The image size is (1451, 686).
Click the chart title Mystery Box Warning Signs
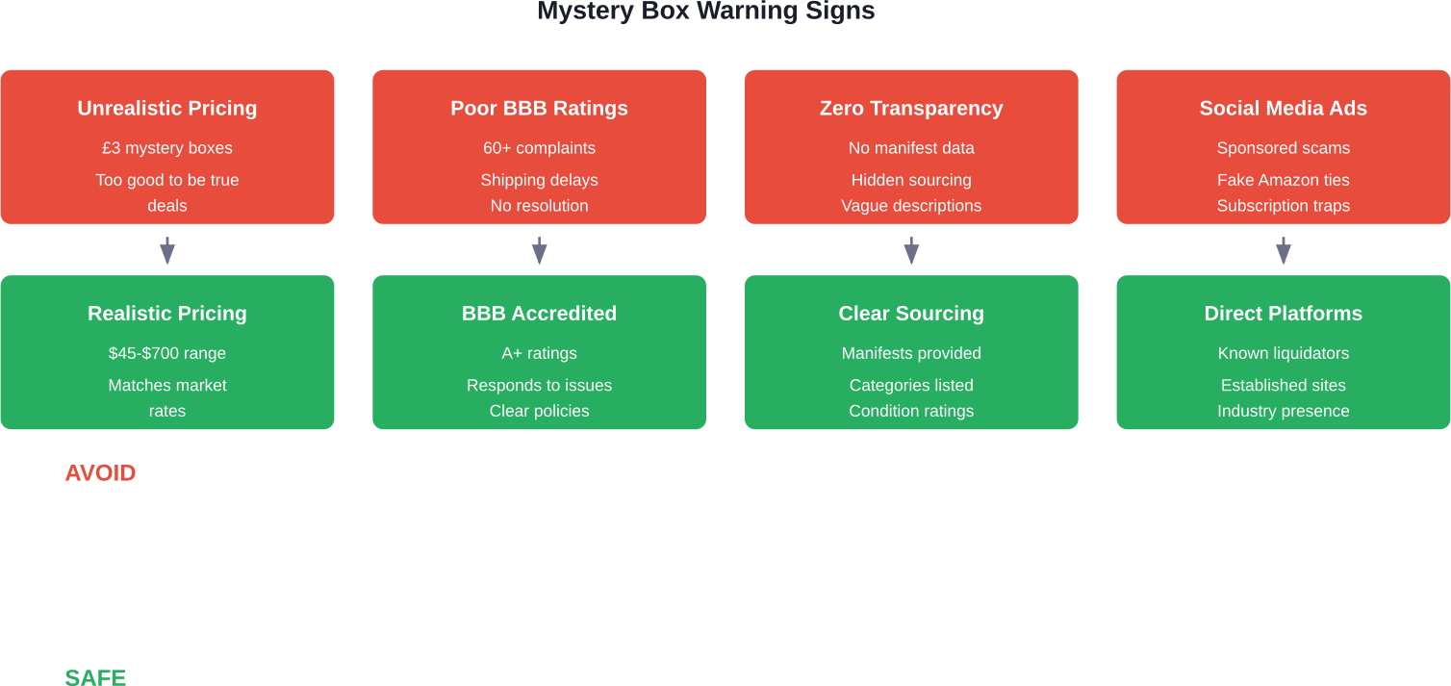point(706,11)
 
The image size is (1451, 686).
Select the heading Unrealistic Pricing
point(167,108)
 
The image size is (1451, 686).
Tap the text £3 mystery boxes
point(167,148)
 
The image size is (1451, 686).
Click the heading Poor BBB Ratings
point(539,108)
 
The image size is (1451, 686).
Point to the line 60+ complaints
point(539,148)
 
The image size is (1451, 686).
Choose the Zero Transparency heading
point(911,108)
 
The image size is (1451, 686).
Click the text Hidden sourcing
point(911,180)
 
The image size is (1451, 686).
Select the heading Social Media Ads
point(1284,108)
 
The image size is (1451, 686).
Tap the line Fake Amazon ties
point(1284,180)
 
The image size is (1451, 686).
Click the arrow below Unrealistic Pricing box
point(167,250)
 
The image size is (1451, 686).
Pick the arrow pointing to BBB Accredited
point(539,250)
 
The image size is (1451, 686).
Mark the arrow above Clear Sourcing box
point(911,250)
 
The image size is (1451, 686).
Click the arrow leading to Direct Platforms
point(1284,250)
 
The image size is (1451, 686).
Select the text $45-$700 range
point(167,353)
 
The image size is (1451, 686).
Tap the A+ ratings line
point(539,353)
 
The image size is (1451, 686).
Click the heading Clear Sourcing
point(911,314)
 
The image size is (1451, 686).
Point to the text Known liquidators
point(1284,353)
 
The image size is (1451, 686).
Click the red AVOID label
point(100,472)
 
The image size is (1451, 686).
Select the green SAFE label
point(95,677)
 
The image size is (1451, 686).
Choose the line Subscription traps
point(1284,206)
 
